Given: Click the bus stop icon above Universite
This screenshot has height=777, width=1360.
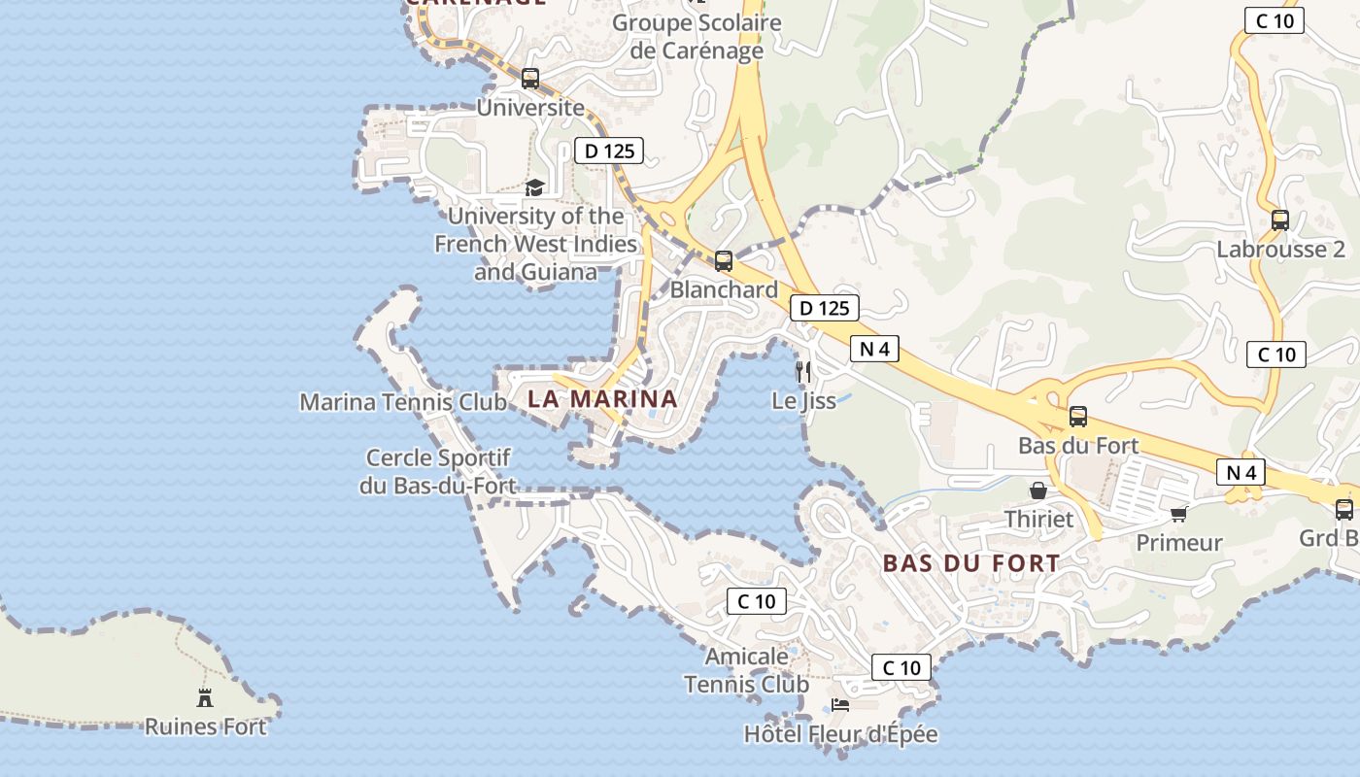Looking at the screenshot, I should click(x=530, y=79).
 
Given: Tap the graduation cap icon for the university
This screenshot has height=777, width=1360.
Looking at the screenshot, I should click(x=534, y=187).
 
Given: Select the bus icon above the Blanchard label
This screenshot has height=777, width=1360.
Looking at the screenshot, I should click(x=724, y=260).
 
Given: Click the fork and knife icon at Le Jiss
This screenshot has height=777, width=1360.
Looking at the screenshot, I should click(x=803, y=371).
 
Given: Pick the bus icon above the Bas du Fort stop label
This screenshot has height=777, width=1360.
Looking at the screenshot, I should click(x=1078, y=417).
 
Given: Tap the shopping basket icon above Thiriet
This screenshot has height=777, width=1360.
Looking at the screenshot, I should click(x=1038, y=490).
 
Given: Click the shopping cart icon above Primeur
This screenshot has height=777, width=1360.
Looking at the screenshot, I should click(x=1179, y=514).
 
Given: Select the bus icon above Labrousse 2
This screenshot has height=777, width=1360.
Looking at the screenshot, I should click(x=1280, y=220).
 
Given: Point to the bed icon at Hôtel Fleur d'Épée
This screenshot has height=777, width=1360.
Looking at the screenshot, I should click(x=840, y=705).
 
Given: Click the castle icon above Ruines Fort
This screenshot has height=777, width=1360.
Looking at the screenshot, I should click(x=205, y=697).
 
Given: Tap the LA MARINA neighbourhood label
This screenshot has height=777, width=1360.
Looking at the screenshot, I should click(x=602, y=398).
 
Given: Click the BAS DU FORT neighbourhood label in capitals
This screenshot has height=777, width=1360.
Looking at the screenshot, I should click(x=971, y=563).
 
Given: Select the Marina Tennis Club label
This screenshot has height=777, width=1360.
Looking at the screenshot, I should click(x=403, y=402).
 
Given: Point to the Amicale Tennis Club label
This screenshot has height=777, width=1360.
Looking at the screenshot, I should click(x=746, y=670).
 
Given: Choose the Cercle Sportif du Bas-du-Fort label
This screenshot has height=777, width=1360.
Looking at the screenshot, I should click(x=437, y=471).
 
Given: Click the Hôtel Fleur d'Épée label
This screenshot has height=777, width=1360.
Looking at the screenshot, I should click(x=841, y=734).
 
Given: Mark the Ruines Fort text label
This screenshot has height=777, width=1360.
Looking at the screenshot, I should click(x=205, y=726).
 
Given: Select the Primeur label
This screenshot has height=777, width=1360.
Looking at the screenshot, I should click(x=1179, y=542).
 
